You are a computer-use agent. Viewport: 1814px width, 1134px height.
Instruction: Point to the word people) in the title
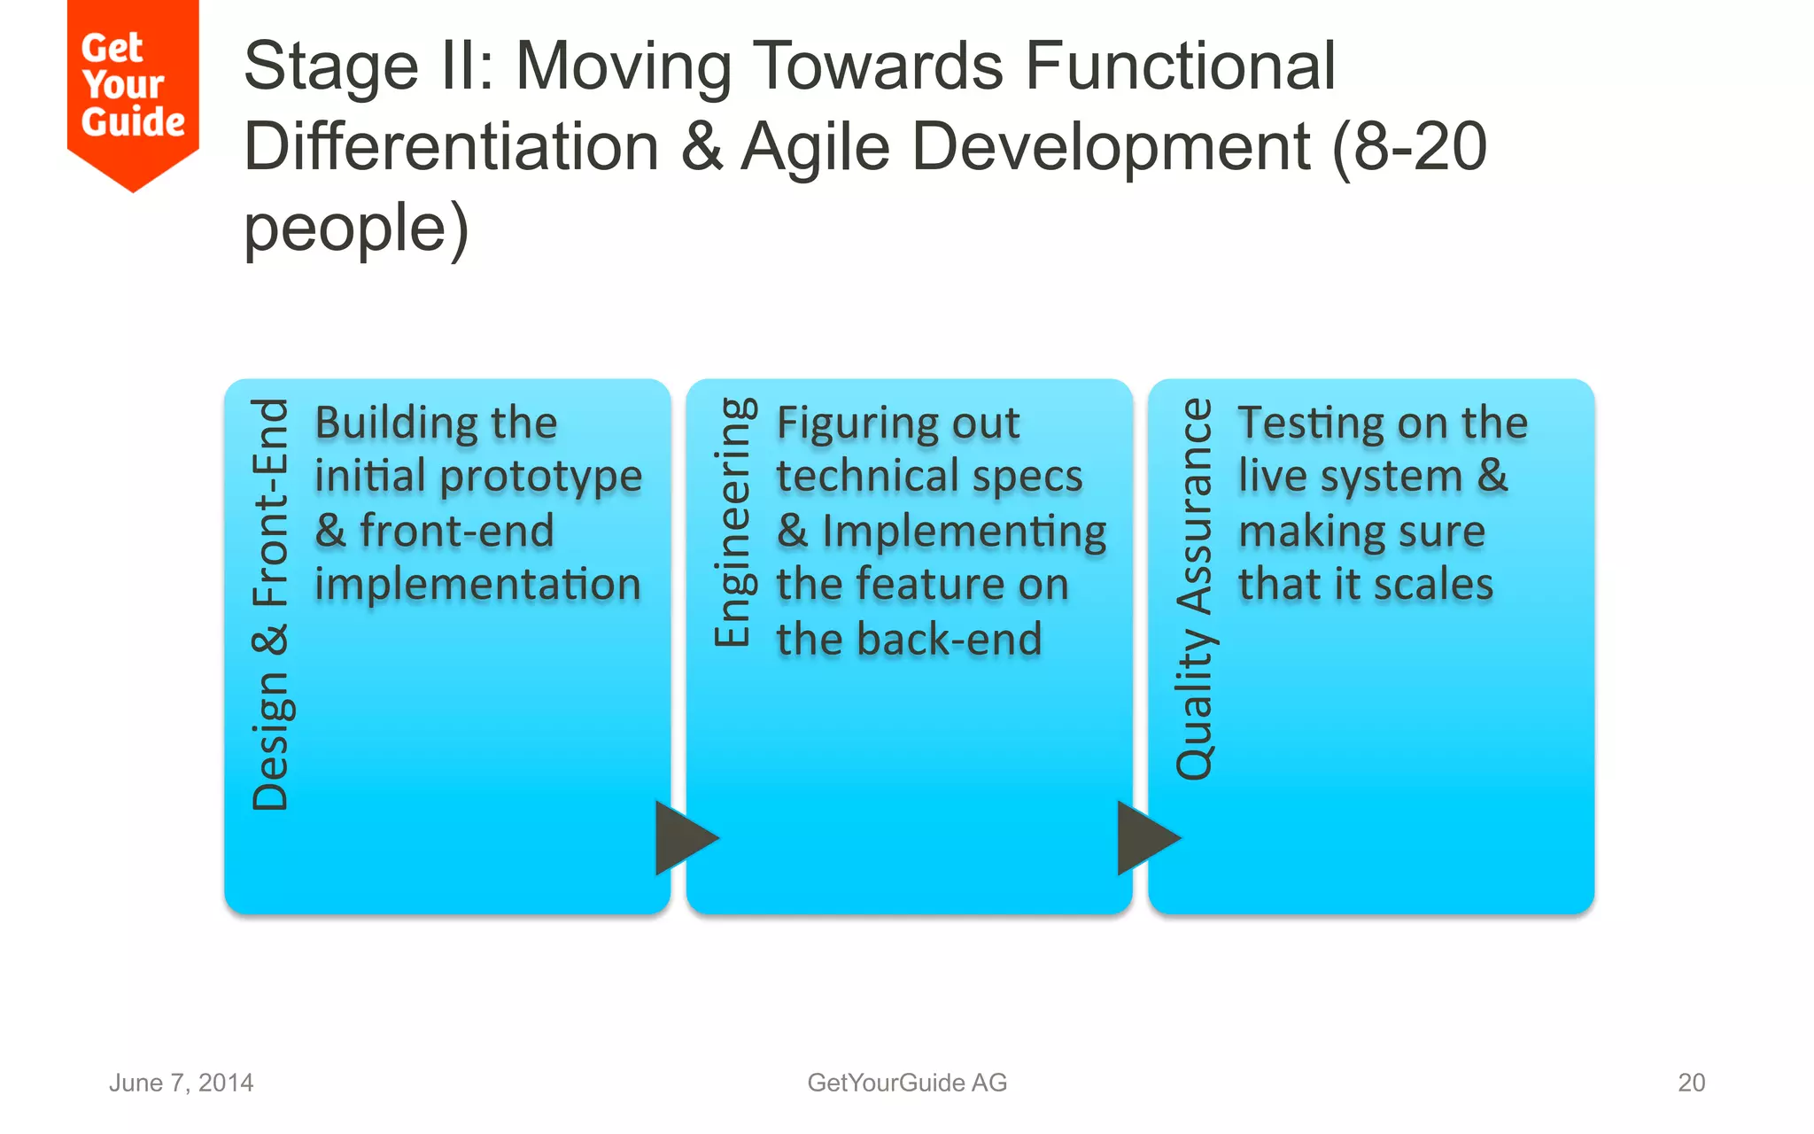[x=356, y=229]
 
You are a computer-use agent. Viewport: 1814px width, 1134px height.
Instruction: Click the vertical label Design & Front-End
[x=271, y=605]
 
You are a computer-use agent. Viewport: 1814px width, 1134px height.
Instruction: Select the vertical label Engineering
[x=734, y=523]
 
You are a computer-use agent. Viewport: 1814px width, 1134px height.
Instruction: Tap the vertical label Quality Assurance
[x=1195, y=589]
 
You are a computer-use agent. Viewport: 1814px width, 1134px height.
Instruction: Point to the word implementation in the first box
[x=477, y=585]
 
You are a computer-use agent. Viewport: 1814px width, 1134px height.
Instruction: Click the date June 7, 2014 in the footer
[x=181, y=1083]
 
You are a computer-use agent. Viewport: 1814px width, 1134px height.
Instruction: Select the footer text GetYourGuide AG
[x=907, y=1083]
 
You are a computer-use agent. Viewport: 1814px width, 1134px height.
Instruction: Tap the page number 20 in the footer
[x=1691, y=1083]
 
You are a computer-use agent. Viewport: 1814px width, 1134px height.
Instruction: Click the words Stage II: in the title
[x=368, y=66]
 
